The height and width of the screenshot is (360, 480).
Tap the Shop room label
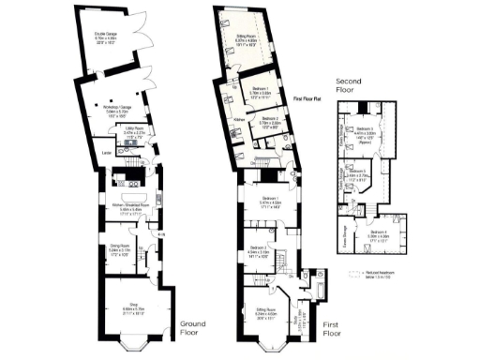pos(134,305)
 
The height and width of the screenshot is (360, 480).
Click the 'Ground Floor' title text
pos(194,328)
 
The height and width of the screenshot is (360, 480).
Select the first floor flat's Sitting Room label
pos(245,38)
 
